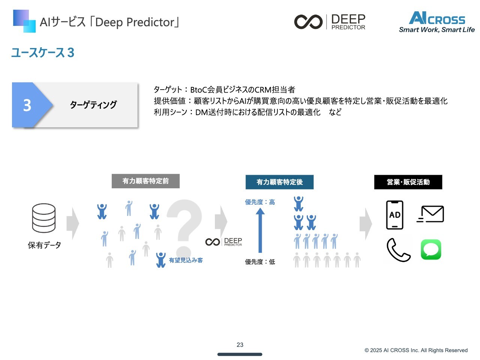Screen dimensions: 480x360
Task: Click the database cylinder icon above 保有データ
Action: tap(44, 218)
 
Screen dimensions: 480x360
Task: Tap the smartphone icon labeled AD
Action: tap(394, 215)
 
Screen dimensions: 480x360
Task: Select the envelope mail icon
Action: tap(430, 214)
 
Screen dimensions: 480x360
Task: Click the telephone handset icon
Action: tap(398, 250)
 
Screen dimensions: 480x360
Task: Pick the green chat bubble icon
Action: tap(431, 249)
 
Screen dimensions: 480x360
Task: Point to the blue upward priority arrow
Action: tap(260, 230)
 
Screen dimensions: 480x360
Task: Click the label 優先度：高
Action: tap(260, 202)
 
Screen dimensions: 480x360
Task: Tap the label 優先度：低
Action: tap(260, 262)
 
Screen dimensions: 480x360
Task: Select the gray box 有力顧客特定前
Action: tap(145, 181)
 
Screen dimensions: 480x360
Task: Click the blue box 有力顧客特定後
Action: tap(279, 182)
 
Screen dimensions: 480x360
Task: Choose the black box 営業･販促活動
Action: tap(408, 182)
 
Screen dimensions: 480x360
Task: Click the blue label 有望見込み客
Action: tap(186, 260)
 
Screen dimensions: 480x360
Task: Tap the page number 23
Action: tap(240, 345)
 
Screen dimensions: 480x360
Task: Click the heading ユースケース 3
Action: tap(43, 52)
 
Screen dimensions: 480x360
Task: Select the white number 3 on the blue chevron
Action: tap(27, 105)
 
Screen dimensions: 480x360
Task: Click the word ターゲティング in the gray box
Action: tap(93, 105)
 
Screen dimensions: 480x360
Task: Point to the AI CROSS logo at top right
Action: tap(437, 22)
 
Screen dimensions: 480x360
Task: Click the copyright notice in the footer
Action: tap(416, 350)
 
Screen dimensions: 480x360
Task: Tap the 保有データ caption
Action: tap(44, 245)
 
